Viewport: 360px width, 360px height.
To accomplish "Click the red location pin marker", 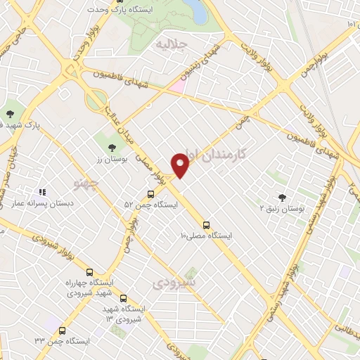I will click(181, 164).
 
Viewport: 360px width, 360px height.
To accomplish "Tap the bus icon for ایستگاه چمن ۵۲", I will click(150, 194).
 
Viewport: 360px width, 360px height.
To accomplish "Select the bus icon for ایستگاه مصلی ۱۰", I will click(206, 225).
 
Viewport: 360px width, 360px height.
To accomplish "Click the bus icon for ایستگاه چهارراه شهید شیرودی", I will click(89, 272).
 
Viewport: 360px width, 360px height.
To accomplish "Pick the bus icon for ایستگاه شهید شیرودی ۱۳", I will click(124, 298).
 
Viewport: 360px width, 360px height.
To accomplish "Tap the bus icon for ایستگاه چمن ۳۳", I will click(63, 330).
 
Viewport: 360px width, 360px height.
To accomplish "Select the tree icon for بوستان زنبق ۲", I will click(283, 198).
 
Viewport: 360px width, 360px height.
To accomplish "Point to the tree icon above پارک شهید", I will click(11, 112).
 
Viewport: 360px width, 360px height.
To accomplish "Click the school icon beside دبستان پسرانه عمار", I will click(42, 192).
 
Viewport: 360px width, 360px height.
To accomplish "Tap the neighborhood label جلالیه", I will click(171, 44).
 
